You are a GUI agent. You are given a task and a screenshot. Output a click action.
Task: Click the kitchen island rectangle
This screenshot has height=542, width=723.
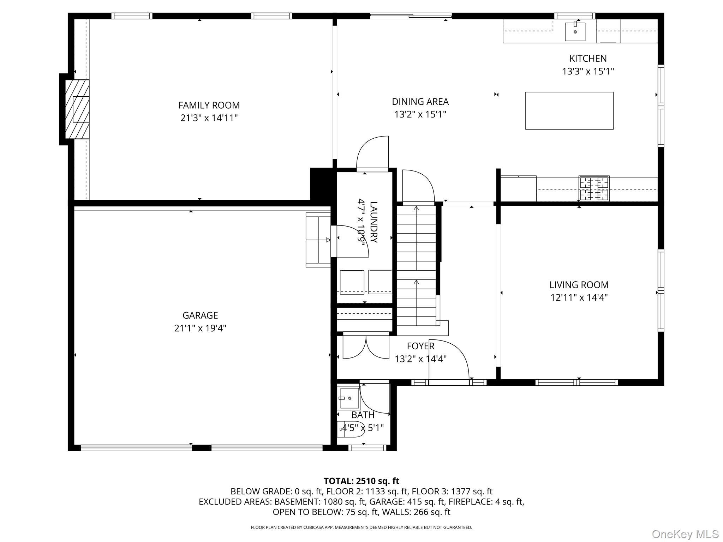click(x=569, y=110)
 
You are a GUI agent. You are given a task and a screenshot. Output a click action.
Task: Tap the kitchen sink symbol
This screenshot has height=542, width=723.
click(x=575, y=31)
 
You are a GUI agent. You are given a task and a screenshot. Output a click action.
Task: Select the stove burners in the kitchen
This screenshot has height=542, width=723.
click(x=594, y=188)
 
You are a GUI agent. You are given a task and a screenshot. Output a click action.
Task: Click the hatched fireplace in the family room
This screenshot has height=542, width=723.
click(x=77, y=109)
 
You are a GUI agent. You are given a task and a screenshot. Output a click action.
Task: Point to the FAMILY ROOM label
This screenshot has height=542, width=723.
click(x=209, y=105)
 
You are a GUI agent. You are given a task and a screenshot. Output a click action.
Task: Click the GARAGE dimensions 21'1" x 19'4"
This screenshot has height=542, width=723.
click(x=200, y=328)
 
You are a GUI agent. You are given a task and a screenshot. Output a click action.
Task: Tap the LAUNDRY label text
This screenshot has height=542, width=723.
click(x=374, y=222)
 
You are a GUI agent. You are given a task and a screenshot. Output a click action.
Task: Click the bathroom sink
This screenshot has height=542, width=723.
click(x=349, y=398)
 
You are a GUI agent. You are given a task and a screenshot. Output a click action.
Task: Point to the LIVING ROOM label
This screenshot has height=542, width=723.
click(x=579, y=284)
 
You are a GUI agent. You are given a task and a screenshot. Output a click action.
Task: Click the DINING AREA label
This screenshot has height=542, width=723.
click(x=420, y=102)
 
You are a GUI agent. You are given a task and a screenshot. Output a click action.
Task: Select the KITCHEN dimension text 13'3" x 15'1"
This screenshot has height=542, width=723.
click(x=588, y=71)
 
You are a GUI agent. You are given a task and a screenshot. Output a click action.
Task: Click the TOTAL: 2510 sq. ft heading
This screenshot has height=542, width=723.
click(x=361, y=481)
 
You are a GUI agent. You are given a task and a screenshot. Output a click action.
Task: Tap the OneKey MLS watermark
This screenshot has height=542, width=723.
click(x=685, y=534)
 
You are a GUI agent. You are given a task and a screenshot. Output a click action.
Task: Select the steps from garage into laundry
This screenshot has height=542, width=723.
click(x=318, y=240)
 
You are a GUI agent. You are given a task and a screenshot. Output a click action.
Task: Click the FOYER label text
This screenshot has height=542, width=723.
click(x=420, y=346)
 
